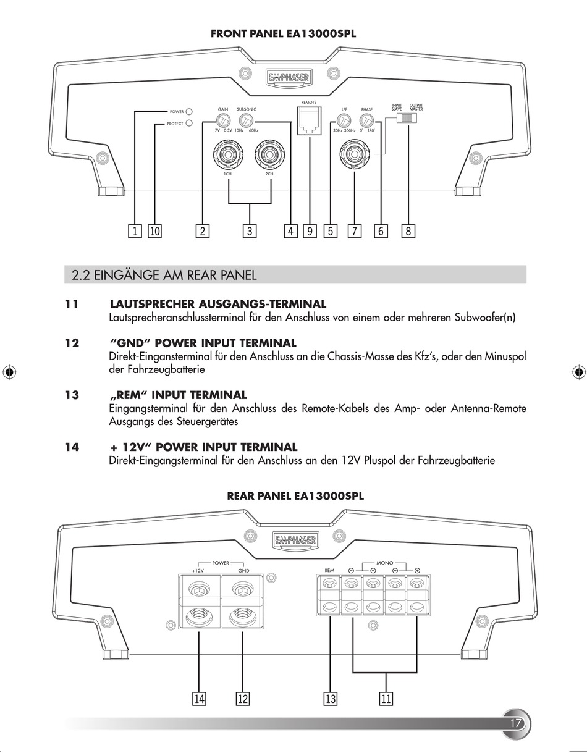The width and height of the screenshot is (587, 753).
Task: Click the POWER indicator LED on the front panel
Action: click(190, 112)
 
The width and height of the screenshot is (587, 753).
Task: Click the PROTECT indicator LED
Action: click(190, 123)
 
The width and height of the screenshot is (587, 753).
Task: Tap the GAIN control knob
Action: click(222, 120)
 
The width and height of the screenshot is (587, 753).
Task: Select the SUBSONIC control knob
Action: click(247, 120)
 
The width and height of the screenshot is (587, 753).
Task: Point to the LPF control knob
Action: click(344, 120)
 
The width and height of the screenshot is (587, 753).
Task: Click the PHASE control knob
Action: click(367, 120)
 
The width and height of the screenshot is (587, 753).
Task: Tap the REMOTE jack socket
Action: click(308, 120)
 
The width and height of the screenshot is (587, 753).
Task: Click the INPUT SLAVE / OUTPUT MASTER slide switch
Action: click(407, 118)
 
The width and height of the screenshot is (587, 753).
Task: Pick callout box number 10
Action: click(154, 231)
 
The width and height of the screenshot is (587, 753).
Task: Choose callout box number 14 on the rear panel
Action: click(199, 699)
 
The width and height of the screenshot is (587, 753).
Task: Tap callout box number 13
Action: click(331, 699)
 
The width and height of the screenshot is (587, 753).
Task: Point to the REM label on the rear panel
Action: click(329, 570)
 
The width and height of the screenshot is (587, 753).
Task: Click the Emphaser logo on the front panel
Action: click(289, 77)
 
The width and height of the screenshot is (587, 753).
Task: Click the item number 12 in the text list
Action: click(72, 343)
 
